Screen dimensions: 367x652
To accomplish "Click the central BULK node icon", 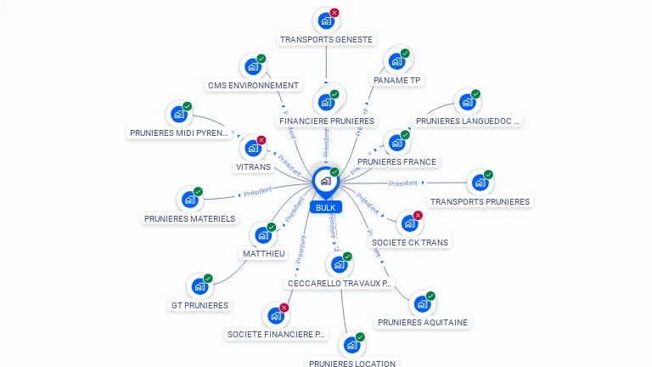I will tap(325, 181).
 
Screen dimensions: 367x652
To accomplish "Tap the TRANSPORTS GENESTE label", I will tap(326, 39).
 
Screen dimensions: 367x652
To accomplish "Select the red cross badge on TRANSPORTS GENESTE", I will tap(334, 13).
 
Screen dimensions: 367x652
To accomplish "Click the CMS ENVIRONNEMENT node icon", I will tap(252, 66).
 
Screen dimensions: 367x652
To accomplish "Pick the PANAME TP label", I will tap(396, 81).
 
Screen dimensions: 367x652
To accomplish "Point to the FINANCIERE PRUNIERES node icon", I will tap(326, 102).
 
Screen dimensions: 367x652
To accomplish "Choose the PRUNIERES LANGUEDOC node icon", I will tap(467, 103).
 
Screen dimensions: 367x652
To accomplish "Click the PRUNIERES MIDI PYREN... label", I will tap(179, 133).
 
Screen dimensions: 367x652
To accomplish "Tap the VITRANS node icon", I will tap(252, 148).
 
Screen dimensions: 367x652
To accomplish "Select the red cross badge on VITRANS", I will tap(261, 140).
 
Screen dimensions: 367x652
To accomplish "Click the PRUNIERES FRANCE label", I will tap(396, 161).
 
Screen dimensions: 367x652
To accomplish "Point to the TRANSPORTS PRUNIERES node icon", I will tap(480, 183).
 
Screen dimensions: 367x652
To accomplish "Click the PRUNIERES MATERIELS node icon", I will tap(189, 200).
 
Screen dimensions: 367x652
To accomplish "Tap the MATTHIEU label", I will tap(264, 254).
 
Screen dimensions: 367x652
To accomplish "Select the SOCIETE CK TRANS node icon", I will tap(409, 223).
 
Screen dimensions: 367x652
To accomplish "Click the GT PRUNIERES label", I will tap(200, 305).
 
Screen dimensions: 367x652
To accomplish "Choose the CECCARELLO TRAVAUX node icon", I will tap(339, 264).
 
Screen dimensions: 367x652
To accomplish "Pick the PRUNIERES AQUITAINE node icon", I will tap(422, 303).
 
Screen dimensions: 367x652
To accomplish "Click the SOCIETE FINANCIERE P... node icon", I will tap(275, 315).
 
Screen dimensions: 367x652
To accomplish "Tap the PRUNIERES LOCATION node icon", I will tap(351, 345).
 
